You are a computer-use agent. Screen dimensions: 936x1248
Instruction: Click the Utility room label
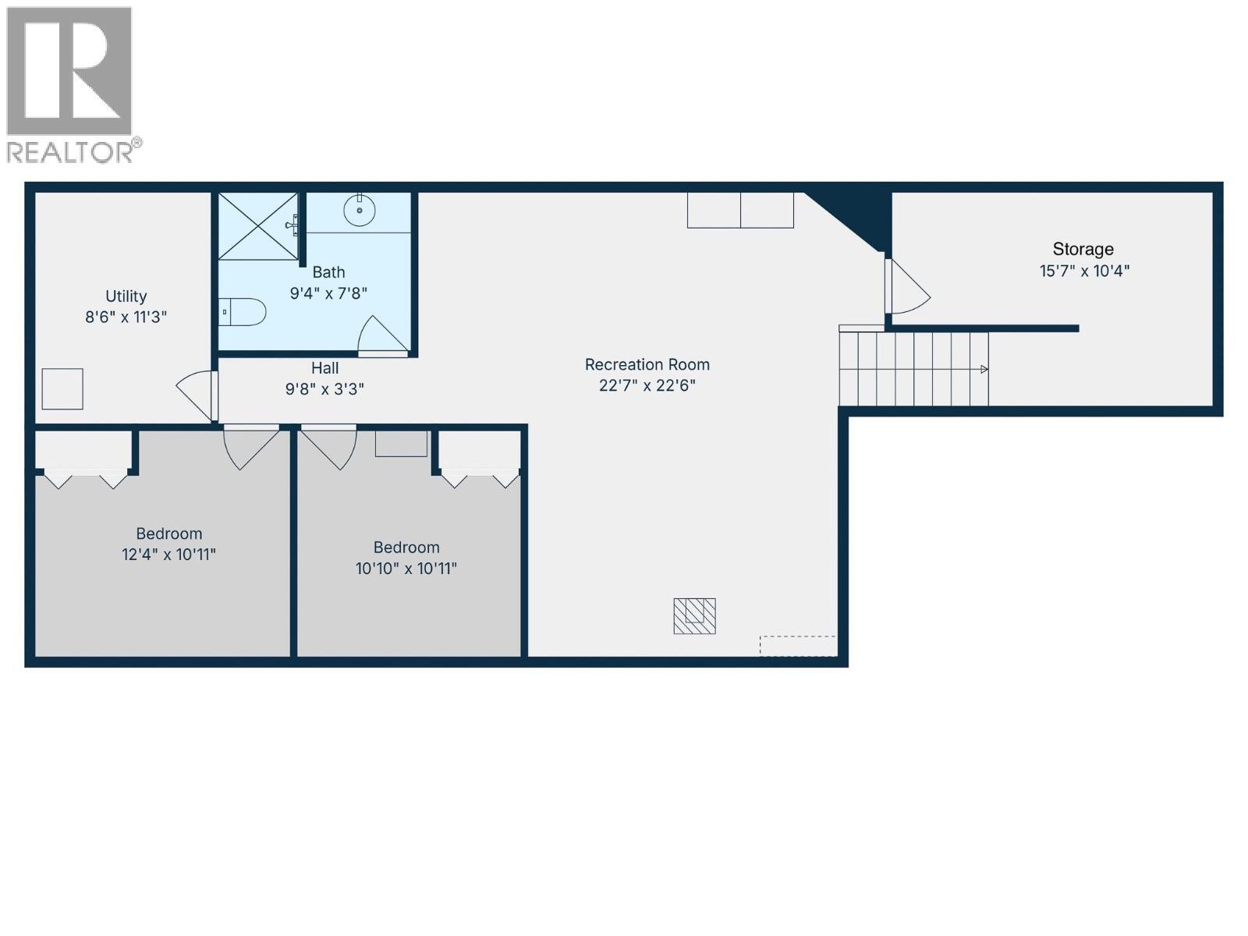[126, 296]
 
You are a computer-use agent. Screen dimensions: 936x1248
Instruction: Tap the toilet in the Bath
[243, 312]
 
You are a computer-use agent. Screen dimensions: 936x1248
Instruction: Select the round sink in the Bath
[360, 211]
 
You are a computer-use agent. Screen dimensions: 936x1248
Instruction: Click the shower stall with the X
[257, 226]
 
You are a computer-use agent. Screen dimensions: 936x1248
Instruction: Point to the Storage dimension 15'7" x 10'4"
[1084, 271]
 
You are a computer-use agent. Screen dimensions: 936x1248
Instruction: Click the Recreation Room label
[647, 364]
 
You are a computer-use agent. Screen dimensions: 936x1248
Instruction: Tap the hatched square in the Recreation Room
[694, 615]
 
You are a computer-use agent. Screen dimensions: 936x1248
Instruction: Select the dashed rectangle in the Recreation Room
[798, 646]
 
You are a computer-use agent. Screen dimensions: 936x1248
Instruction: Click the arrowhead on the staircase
[984, 369]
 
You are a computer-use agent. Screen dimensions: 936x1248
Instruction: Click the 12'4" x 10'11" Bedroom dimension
[168, 555]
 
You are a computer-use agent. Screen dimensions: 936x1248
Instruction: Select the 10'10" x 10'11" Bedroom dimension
[406, 569]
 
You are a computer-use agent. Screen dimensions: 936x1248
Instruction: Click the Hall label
[324, 368]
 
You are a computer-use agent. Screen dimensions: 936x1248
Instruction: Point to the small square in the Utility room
[62, 388]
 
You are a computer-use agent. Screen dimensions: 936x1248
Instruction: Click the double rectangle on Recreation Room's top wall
[740, 211]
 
